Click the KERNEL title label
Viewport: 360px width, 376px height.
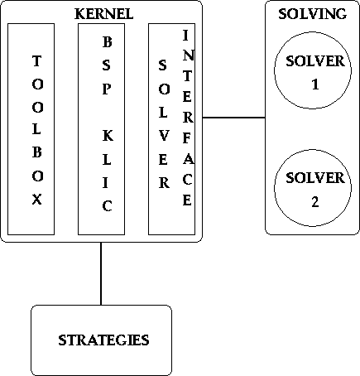[103, 14]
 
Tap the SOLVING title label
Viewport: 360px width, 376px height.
[312, 14]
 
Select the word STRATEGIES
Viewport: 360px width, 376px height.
[103, 340]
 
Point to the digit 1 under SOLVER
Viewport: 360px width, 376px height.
[315, 84]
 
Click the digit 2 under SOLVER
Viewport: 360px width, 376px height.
[315, 202]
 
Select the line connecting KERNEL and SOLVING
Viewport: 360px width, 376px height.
[234, 118]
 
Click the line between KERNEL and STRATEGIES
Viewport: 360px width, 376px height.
[101, 273]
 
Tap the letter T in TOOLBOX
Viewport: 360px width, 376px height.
[37, 60]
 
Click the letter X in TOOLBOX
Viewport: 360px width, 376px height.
[37, 199]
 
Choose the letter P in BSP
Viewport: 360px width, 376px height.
[107, 89]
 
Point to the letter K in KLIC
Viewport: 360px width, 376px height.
[108, 136]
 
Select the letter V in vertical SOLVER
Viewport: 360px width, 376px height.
[164, 136]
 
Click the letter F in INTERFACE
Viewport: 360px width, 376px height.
[187, 138]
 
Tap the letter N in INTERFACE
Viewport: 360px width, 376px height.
[188, 55]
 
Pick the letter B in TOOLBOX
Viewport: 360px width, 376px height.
[37, 152]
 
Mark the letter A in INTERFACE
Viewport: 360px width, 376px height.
[188, 159]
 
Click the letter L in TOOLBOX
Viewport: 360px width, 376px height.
[37, 129]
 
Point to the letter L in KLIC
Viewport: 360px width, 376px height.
[107, 160]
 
